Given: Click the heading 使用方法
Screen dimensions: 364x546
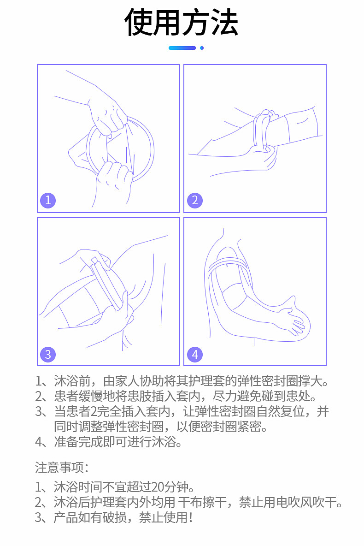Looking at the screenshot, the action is (x=181, y=23).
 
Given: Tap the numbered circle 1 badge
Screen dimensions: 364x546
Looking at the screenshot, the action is (x=48, y=200).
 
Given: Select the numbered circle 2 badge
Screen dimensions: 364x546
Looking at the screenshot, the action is (x=195, y=200).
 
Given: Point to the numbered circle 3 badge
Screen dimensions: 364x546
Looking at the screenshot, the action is (x=48, y=355).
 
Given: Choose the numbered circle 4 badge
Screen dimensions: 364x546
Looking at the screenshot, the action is (x=195, y=355).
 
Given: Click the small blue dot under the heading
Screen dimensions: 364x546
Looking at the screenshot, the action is (x=202, y=48).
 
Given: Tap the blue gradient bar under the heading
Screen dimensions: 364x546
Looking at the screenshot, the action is (x=182, y=48).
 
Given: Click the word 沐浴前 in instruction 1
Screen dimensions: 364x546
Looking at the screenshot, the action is (x=72, y=381).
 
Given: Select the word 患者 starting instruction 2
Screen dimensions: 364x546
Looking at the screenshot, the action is (x=66, y=396).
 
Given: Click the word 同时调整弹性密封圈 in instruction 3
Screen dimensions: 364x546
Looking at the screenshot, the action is (x=109, y=427).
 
